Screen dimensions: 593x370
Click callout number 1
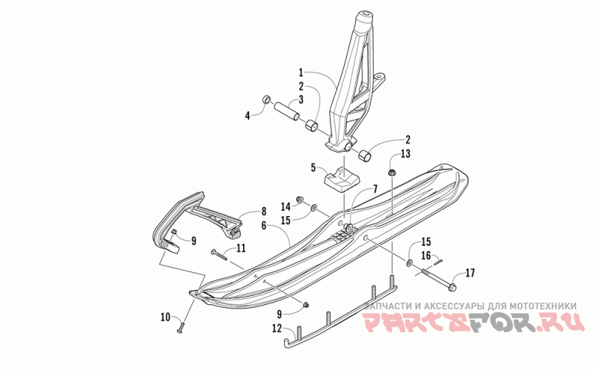coord(302,73)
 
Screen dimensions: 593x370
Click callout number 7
coord(376,190)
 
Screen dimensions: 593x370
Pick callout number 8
coord(263,212)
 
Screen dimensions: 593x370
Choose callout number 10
coord(165,317)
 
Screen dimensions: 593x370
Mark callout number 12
coord(276,328)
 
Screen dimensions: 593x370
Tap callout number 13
coord(404,154)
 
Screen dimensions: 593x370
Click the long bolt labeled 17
coord(439,277)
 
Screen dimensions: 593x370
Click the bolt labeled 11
coord(218,254)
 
